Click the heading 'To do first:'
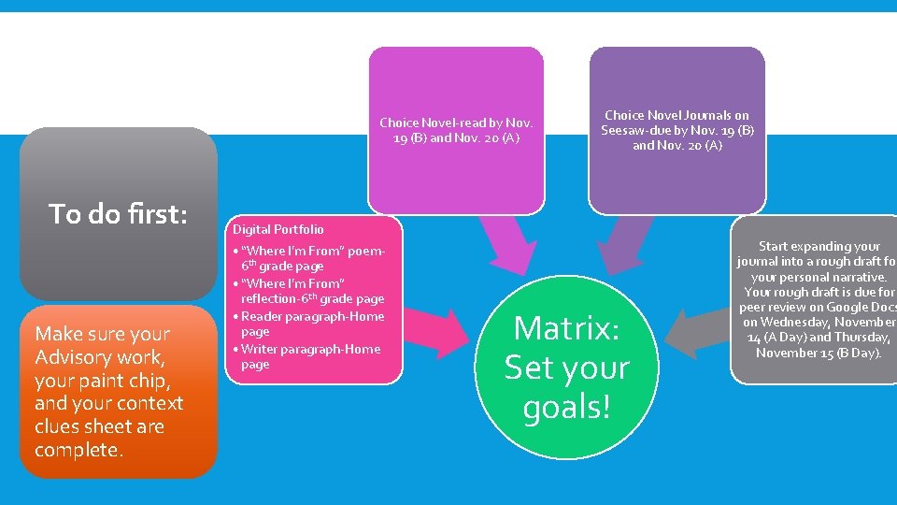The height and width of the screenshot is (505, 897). coord(119,214)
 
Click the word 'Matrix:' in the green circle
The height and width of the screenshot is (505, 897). coord(566,328)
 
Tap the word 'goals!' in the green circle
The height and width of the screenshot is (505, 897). coord(566,408)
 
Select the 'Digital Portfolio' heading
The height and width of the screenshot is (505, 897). coord(278,229)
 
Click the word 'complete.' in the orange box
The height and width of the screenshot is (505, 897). coord(78,450)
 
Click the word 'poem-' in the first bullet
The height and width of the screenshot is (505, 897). coord(365,252)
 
